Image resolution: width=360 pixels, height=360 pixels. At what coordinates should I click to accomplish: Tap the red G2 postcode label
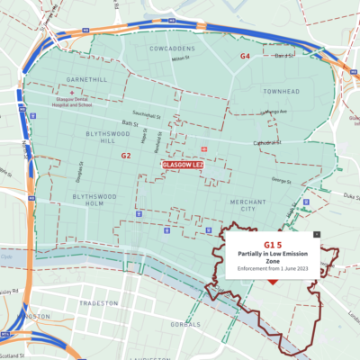[x=126, y=156]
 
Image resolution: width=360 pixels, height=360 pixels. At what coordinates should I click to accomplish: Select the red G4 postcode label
[x=244, y=56]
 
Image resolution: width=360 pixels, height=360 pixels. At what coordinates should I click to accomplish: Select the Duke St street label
[x=347, y=193]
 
